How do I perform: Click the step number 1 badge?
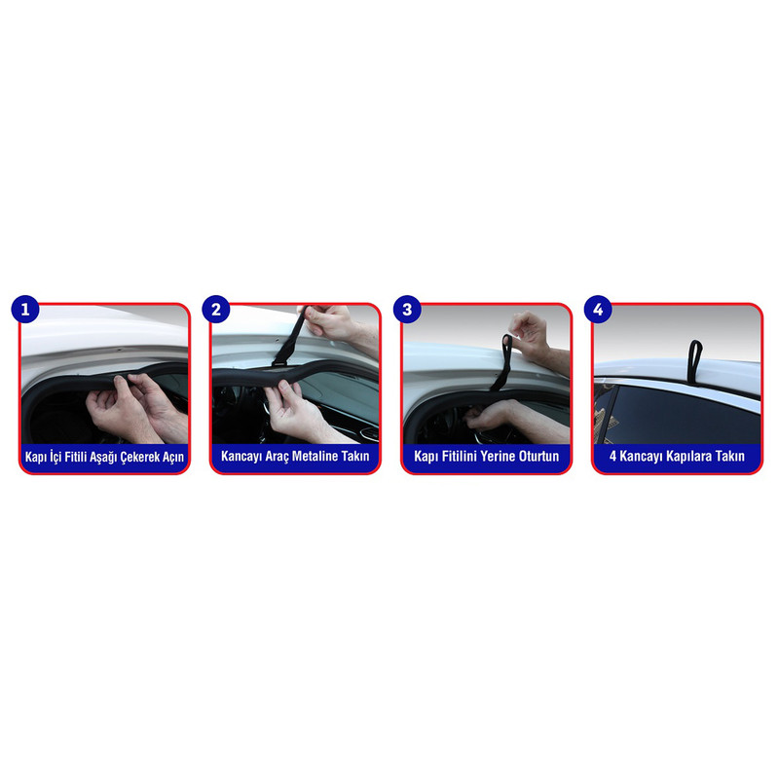[x=25, y=310]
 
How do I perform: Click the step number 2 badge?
[x=215, y=310]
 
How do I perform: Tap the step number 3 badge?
[x=407, y=310]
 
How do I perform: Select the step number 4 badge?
[x=598, y=310]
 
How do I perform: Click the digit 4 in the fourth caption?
[x=613, y=456]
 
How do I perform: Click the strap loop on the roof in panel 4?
[x=695, y=354]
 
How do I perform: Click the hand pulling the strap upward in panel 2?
[x=330, y=322]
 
